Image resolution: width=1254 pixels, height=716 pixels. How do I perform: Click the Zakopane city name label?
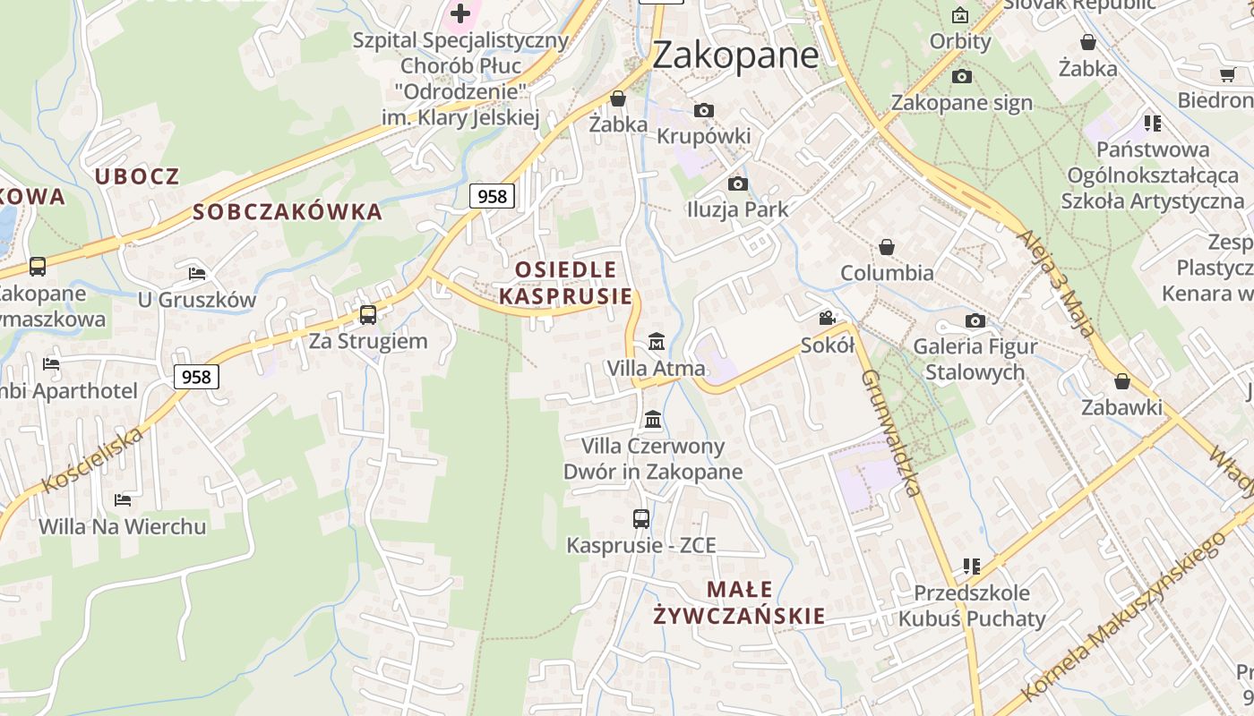734,55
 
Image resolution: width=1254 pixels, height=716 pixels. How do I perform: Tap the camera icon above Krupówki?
704,110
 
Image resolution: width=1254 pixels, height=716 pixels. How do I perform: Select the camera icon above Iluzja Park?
737,183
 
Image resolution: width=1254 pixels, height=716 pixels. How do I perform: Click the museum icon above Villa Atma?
657,341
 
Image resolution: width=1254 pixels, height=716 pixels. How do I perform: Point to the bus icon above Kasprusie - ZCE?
641,518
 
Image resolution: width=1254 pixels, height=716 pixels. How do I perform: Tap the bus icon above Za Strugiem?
368,314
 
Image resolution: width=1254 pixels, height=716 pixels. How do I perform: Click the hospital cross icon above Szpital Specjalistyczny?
460,13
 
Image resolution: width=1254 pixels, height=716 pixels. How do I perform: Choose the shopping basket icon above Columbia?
887,246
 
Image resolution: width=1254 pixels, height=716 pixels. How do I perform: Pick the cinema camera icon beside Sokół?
827,318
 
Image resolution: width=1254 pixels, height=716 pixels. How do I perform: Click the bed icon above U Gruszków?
197,273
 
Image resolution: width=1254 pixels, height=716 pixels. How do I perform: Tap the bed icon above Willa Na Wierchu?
123,499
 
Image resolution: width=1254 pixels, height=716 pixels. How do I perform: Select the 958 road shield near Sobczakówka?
492,196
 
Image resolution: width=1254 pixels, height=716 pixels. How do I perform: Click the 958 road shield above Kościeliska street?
196,377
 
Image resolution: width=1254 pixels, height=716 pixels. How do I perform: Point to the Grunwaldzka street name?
891,432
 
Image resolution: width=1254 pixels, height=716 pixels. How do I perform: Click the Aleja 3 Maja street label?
1056,283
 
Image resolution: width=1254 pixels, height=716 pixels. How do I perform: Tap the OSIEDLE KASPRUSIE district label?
565,283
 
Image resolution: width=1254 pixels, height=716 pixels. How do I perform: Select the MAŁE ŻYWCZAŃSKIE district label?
739,602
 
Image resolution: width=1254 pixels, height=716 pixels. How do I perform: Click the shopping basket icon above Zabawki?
1122,381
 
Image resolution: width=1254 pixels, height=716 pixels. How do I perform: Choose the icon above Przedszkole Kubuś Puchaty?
972,566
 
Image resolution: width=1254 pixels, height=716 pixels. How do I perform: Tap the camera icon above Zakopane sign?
962,76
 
